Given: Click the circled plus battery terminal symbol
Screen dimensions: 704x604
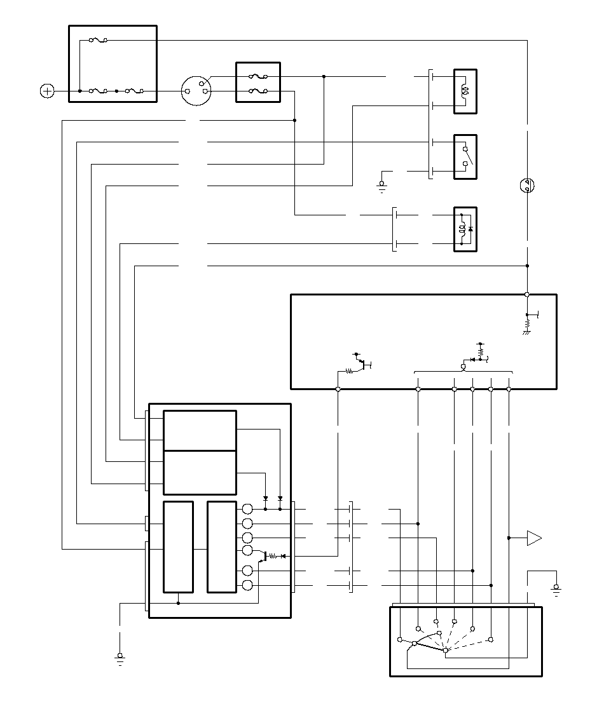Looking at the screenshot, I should (47, 91).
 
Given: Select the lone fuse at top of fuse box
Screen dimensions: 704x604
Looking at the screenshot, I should (98, 40).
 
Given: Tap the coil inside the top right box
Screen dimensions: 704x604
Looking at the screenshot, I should (465, 91).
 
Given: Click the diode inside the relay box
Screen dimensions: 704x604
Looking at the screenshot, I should (469, 227).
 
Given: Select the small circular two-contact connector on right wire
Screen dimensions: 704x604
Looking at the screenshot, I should (527, 186).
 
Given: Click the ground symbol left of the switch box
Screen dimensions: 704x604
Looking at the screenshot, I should (382, 186).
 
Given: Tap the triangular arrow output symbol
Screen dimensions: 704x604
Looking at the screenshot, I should (534, 538).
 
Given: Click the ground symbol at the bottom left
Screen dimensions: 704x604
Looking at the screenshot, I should (120, 658).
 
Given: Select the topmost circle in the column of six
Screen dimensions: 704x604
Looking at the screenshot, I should (248, 509).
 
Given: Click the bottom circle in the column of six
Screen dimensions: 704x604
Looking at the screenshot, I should (248, 585).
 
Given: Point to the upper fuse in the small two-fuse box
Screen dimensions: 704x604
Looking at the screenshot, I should (257, 77).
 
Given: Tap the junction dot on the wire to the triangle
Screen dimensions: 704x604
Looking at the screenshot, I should (509, 538).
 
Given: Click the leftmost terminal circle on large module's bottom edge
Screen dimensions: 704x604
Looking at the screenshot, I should (338, 389).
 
